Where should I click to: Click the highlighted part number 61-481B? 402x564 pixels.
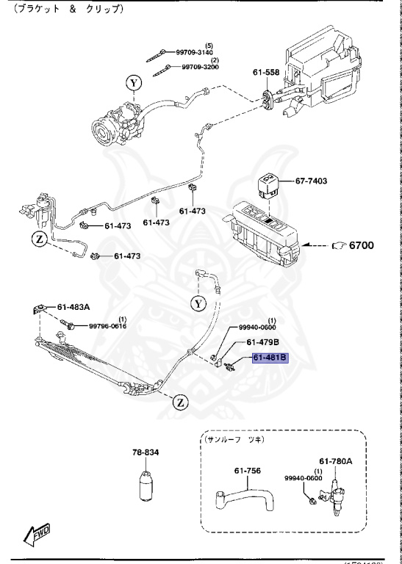(270, 358)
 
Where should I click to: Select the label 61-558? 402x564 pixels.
(266, 73)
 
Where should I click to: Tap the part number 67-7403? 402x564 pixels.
(311, 181)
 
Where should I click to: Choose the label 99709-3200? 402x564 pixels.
(200, 67)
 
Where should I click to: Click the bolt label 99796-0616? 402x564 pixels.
(107, 326)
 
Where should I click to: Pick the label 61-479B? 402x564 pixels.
(262, 342)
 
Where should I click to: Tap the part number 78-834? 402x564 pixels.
(145, 452)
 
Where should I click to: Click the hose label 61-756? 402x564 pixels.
(248, 471)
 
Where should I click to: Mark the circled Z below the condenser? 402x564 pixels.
(181, 402)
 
